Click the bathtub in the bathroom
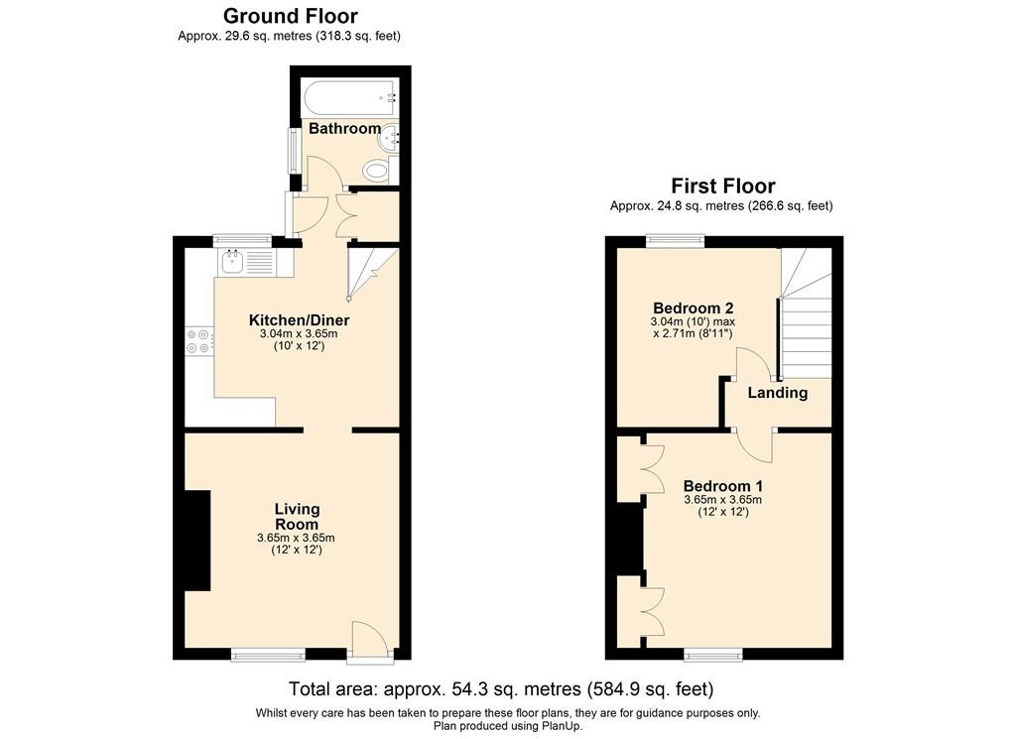350,98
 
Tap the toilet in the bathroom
378,172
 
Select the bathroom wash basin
391,138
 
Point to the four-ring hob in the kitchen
198,341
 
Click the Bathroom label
344,128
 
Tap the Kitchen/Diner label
300,320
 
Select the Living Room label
297,516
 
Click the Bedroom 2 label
694,308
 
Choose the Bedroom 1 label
723,486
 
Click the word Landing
778,393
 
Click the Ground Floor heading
291,16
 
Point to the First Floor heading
723,185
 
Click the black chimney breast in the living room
197,541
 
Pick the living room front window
268,656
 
